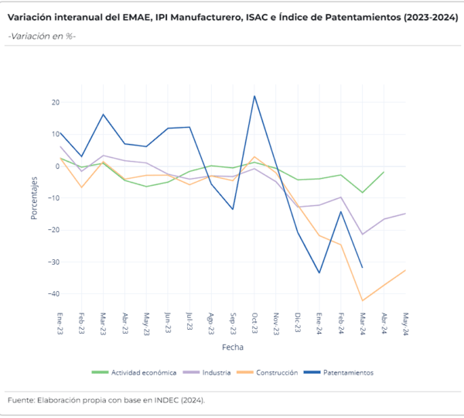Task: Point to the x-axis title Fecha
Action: click(x=233, y=347)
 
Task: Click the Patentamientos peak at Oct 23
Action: click(x=254, y=96)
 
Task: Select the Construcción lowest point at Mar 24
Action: click(x=362, y=300)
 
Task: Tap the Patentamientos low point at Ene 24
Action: click(x=319, y=272)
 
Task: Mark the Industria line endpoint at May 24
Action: click(x=405, y=214)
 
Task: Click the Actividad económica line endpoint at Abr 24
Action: click(x=384, y=172)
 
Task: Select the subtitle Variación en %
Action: click(x=43, y=36)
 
